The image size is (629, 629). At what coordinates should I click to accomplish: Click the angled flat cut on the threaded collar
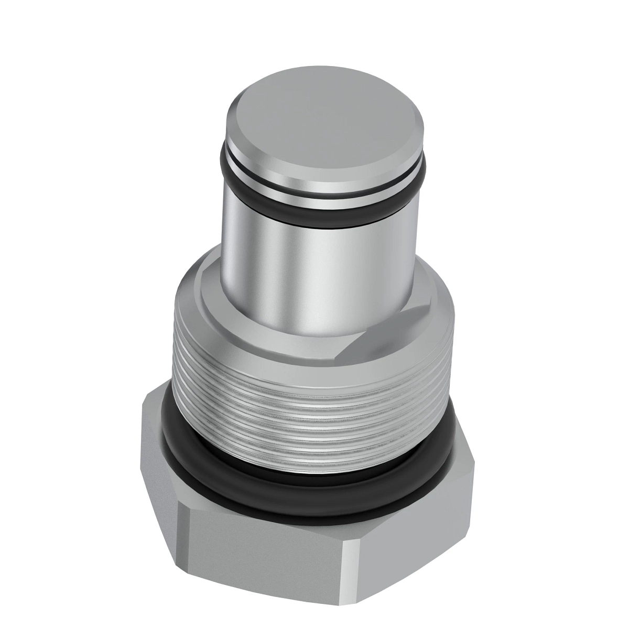[388, 335]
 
